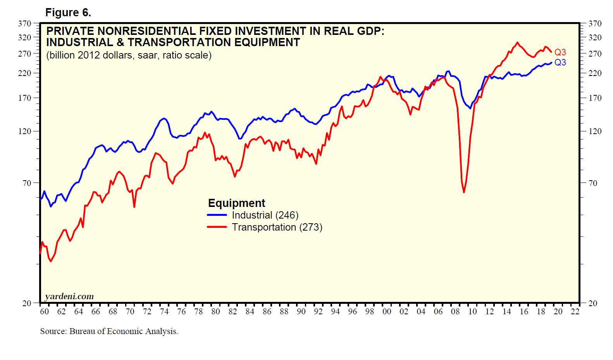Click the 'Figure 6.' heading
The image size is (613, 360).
click(x=68, y=13)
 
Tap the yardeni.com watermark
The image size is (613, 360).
click(x=69, y=296)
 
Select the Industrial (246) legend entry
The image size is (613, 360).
click(x=265, y=215)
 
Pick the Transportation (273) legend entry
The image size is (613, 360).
click(x=277, y=227)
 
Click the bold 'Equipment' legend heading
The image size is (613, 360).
click(x=236, y=203)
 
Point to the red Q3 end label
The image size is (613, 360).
click(x=560, y=52)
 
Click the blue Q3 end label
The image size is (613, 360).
click(x=560, y=62)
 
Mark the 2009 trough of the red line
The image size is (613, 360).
click(x=464, y=192)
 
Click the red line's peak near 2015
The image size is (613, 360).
click(x=517, y=43)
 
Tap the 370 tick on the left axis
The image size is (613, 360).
click(x=24, y=24)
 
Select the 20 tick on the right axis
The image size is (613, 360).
click(x=593, y=303)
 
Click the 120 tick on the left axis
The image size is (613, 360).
click(x=24, y=131)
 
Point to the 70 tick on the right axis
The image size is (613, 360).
click(x=593, y=183)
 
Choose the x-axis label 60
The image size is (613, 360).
click(x=45, y=312)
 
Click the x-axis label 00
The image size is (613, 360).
click(x=387, y=312)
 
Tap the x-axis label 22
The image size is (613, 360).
click(x=575, y=312)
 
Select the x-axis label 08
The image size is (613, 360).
click(x=455, y=312)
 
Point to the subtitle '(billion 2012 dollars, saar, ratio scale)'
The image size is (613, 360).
click(x=129, y=55)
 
